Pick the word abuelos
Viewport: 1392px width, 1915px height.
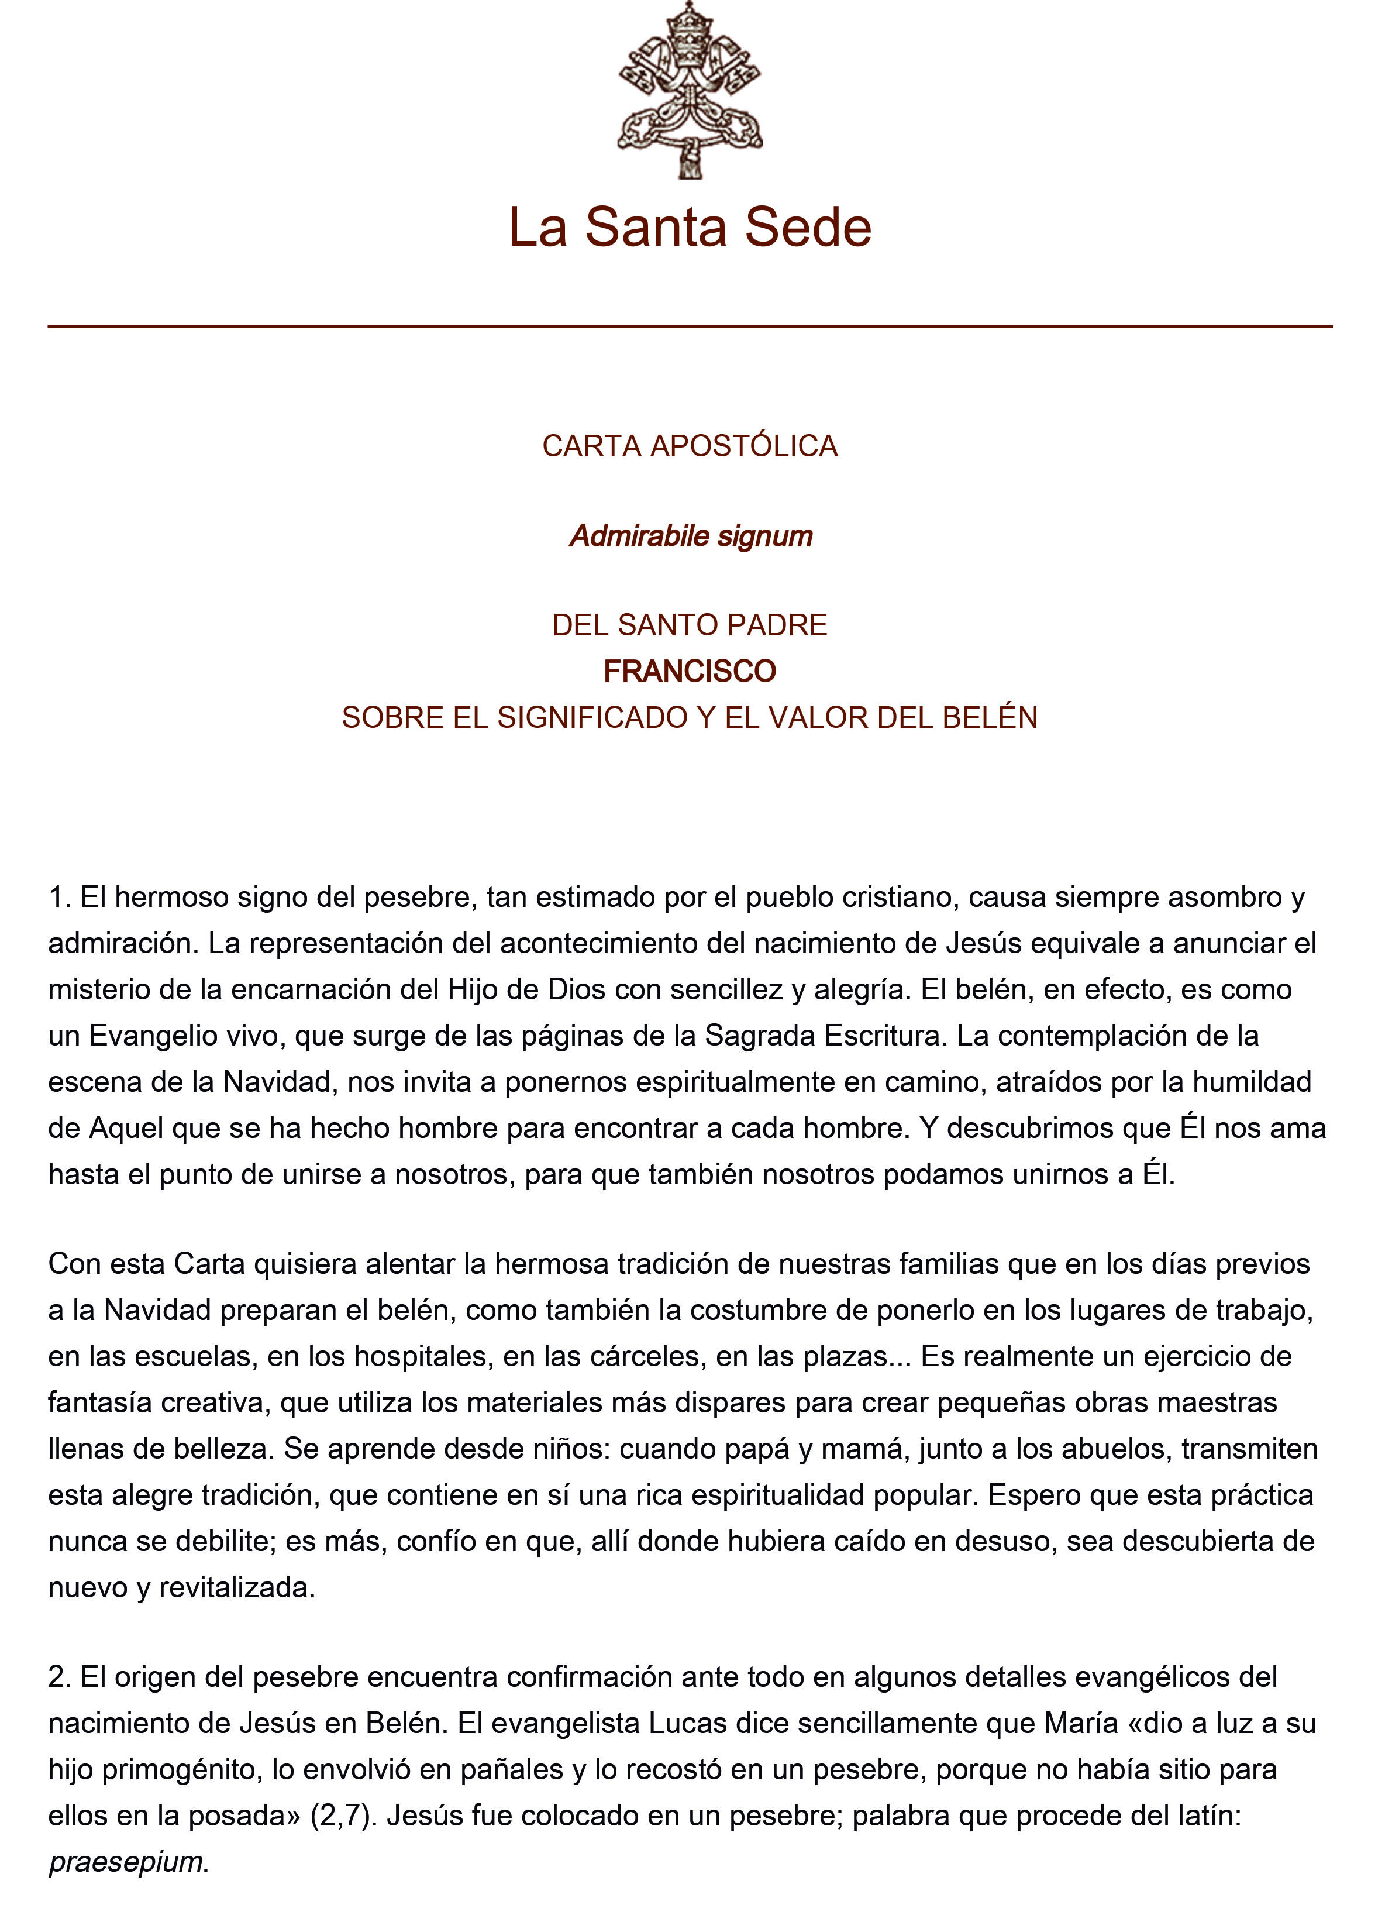click(x=1105, y=1449)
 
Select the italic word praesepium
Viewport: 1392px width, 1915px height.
click(x=126, y=1862)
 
